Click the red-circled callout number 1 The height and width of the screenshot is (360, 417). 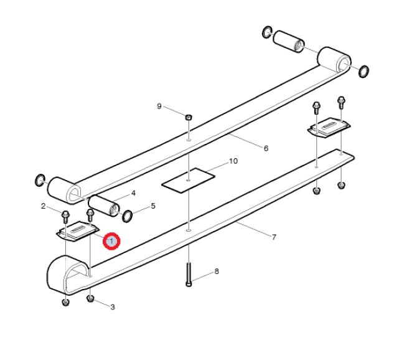click(111, 241)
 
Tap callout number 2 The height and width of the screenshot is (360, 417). click(44, 206)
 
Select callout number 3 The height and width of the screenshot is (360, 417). click(113, 307)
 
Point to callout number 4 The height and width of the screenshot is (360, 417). click(133, 193)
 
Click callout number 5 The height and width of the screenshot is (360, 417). click(153, 206)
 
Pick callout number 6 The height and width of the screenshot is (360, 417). click(266, 148)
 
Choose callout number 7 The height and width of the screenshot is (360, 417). click(274, 237)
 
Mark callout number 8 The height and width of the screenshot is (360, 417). click(217, 272)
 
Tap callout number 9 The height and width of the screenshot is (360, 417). click(159, 107)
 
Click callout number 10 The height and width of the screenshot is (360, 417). click(233, 161)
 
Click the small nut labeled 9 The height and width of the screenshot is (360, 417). click(189, 117)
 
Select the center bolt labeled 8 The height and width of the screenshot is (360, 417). click(189, 274)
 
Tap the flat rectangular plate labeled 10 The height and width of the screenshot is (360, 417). click(189, 180)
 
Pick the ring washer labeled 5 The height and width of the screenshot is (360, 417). click(127, 216)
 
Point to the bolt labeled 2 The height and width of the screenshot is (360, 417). click(65, 217)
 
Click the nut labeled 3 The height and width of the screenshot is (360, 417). click(90, 298)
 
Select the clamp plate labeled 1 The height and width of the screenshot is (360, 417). click(78, 231)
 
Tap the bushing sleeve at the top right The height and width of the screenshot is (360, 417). click(289, 42)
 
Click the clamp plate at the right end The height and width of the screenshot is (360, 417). click(329, 128)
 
